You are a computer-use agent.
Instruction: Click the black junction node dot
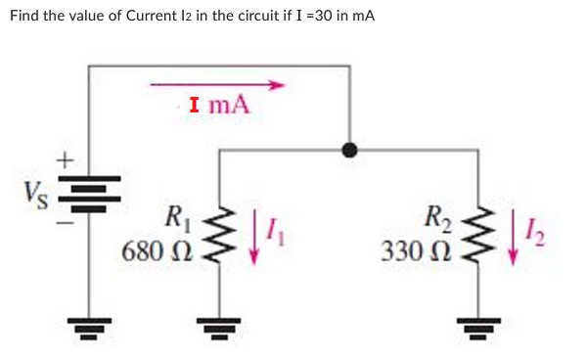[x=349, y=151]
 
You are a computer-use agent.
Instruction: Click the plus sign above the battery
[x=66, y=157]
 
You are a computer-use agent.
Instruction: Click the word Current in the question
[x=148, y=17]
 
